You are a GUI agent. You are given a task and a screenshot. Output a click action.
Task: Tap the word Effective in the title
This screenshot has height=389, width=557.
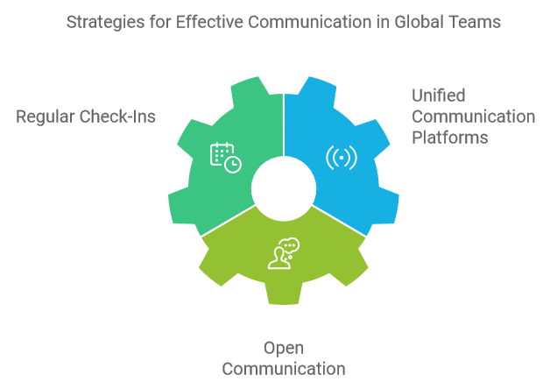coord(204,22)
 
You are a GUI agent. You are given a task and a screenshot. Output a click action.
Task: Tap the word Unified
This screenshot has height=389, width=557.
coord(439,95)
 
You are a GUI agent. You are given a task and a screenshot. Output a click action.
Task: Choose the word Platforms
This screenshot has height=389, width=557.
coord(450,138)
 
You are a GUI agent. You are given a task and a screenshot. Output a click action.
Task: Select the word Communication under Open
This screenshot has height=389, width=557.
coord(284,368)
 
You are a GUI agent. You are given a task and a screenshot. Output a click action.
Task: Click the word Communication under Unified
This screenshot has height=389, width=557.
coord(474,117)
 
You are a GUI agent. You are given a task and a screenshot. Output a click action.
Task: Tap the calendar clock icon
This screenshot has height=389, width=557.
coord(225,157)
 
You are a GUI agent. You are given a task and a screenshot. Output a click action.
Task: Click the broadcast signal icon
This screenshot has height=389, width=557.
coord(342,158)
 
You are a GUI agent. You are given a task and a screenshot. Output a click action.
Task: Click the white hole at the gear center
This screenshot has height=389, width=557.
coord(284,188)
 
